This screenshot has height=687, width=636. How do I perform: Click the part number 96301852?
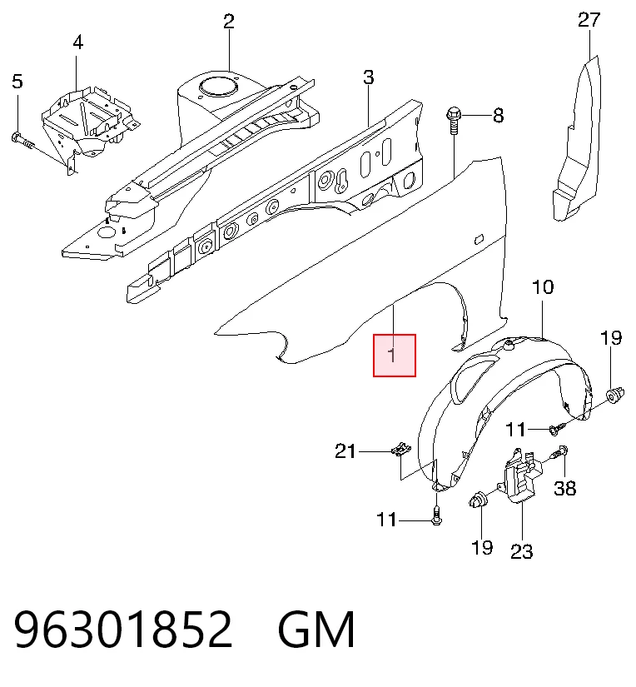click(123, 630)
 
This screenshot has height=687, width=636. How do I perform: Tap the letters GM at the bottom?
click(316, 630)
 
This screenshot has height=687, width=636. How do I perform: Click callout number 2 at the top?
click(229, 21)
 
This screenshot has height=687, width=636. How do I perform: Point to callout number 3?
click(369, 77)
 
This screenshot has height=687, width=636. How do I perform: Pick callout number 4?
click(77, 42)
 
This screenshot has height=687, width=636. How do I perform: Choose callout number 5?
click(17, 81)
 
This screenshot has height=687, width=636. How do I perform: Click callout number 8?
click(498, 116)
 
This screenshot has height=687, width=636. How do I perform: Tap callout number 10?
click(543, 287)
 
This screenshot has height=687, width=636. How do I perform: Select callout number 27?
click(589, 20)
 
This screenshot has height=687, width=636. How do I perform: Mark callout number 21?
click(345, 451)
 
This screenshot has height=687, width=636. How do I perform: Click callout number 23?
click(522, 551)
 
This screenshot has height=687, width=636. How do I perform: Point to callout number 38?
click(565, 488)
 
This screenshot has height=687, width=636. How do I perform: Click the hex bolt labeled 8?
click(454, 122)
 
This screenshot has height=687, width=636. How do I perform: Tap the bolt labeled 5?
click(22, 140)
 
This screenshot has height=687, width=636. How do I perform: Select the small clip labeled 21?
click(400, 449)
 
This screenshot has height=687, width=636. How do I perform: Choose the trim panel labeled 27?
click(577, 140)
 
